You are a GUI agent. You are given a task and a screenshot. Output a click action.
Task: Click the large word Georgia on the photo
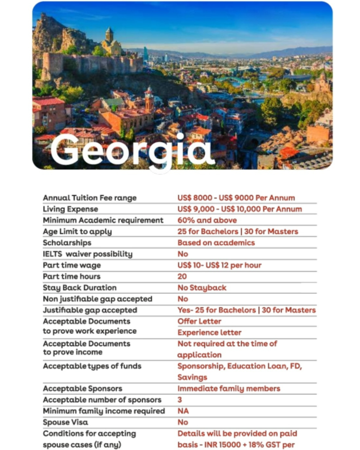click(132, 150)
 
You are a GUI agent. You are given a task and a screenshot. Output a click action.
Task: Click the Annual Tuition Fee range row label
click(90, 198)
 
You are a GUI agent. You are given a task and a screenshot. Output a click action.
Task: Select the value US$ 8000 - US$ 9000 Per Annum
click(236, 198)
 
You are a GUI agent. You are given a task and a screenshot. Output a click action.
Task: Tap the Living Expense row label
click(70, 209)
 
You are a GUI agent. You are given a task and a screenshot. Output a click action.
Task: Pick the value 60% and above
click(207, 220)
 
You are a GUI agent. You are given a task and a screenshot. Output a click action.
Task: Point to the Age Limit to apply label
click(77, 232)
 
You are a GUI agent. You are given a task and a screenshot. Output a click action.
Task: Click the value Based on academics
click(216, 243)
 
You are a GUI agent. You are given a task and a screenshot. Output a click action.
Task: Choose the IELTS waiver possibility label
click(88, 254)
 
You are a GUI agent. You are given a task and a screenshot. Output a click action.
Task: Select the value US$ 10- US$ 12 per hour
click(219, 265)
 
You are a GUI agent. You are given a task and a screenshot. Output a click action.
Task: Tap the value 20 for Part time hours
click(182, 277)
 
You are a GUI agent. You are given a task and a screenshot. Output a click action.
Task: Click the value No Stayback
click(202, 288)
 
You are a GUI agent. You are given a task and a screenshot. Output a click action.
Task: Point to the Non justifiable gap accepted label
click(97, 299)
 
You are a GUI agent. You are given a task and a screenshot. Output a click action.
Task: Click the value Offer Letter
click(199, 322)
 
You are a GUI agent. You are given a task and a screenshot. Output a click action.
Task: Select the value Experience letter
click(210, 333)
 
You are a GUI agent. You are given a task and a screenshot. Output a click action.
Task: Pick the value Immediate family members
click(229, 389)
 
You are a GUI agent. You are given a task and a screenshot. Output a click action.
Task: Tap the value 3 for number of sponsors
click(180, 400)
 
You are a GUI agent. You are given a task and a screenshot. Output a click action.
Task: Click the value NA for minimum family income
click(183, 411)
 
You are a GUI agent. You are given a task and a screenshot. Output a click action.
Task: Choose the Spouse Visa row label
click(65, 422)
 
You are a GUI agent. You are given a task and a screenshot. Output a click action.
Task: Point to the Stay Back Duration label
click(80, 288)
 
